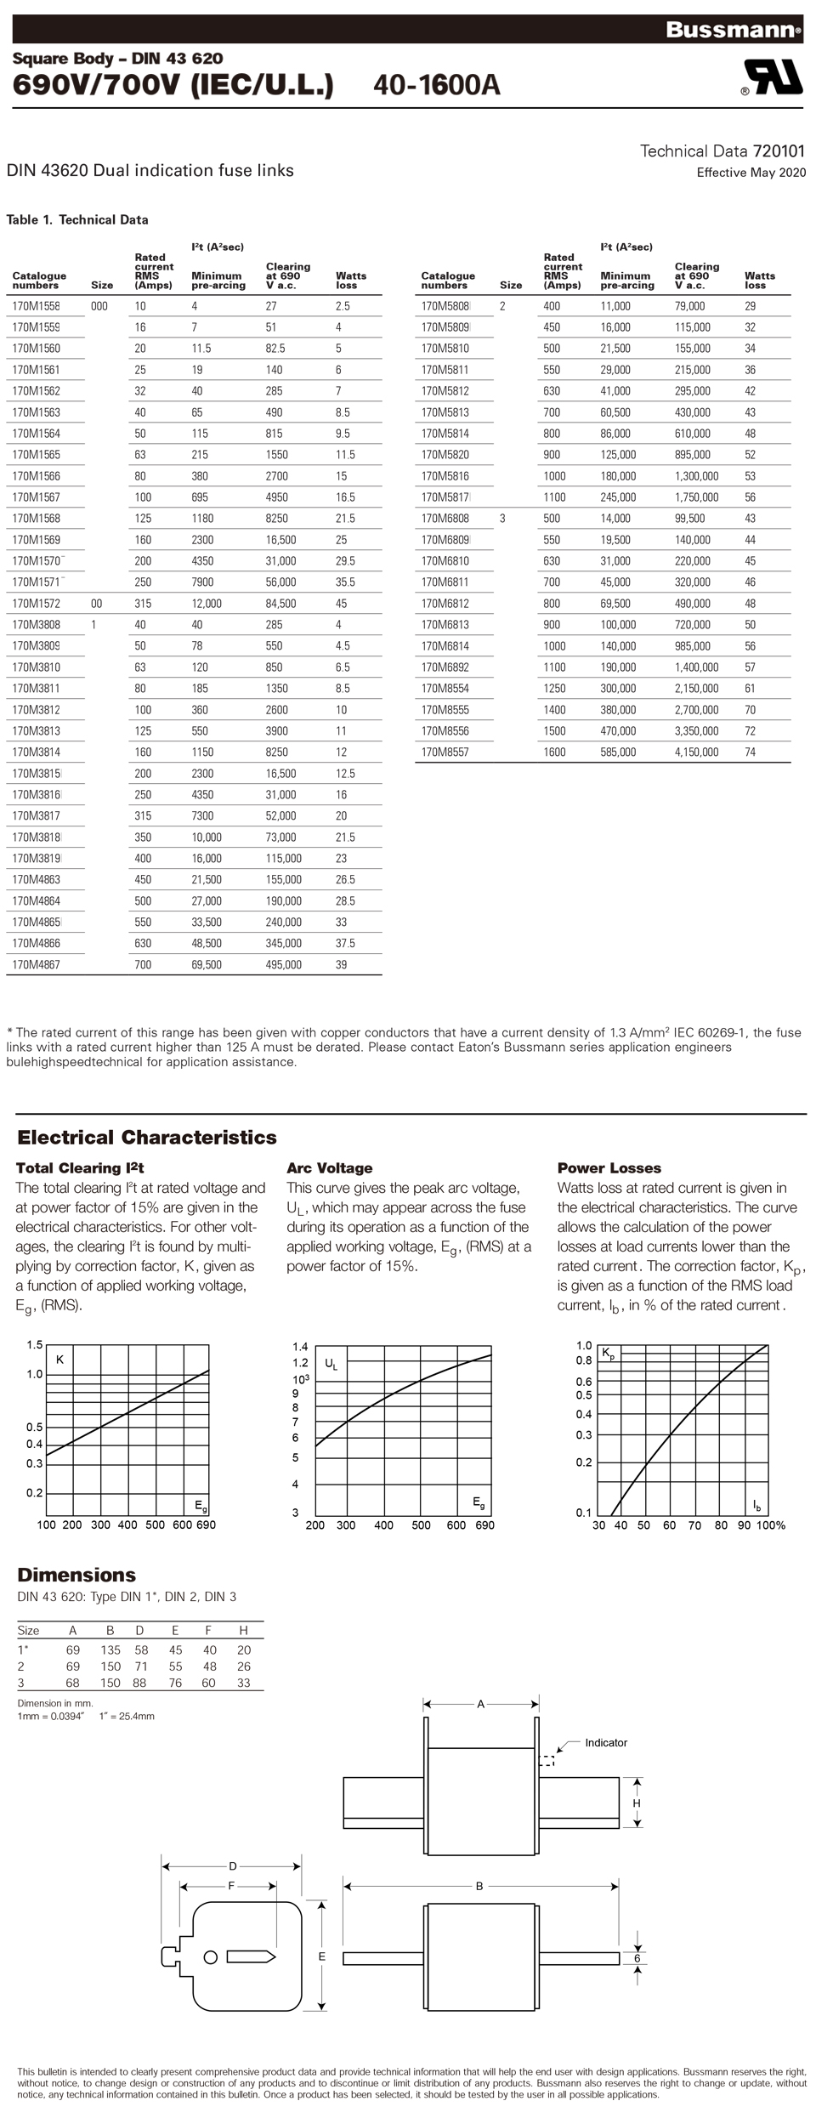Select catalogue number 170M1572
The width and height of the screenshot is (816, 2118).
[x=37, y=604]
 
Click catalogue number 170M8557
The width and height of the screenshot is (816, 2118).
[x=445, y=752]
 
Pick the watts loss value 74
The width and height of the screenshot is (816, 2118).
[x=750, y=752]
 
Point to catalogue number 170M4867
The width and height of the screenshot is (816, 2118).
[x=37, y=965]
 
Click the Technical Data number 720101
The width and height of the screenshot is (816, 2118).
[x=779, y=151]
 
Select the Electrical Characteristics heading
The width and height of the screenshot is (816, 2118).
[x=147, y=1138]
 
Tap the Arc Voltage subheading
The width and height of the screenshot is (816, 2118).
[x=329, y=1168]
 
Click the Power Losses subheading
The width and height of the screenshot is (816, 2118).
[x=609, y=1168]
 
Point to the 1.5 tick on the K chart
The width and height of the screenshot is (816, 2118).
[x=34, y=1344]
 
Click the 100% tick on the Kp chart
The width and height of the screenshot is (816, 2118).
[x=771, y=1525]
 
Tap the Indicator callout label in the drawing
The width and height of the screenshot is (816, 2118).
[x=606, y=1743]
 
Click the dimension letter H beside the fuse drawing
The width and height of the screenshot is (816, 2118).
[x=637, y=1803]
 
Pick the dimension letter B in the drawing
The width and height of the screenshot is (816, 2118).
[x=479, y=1886]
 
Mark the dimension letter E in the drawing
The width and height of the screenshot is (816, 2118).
[x=322, y=1956]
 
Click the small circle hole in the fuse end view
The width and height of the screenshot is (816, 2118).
[x=211, y=1957]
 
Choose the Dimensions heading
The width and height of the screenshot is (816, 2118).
[x=76, y=1575]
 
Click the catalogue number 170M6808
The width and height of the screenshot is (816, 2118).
[x=445, y=519]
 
